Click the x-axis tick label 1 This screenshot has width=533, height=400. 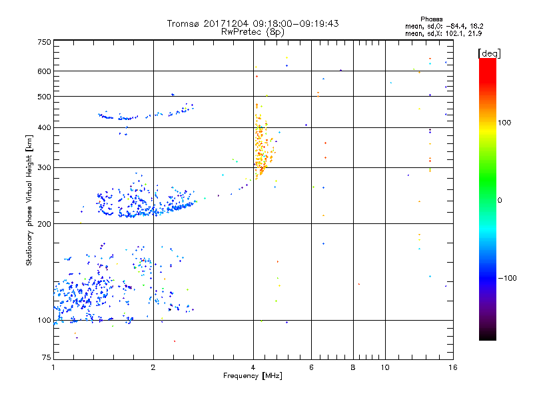[x=53, y=367]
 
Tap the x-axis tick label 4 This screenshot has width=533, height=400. [x=253, y=367]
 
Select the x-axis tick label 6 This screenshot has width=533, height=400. [x=311, y=367]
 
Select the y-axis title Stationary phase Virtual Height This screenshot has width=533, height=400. [x=29, y=200]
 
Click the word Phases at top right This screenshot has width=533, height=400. [x=432, y=19]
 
